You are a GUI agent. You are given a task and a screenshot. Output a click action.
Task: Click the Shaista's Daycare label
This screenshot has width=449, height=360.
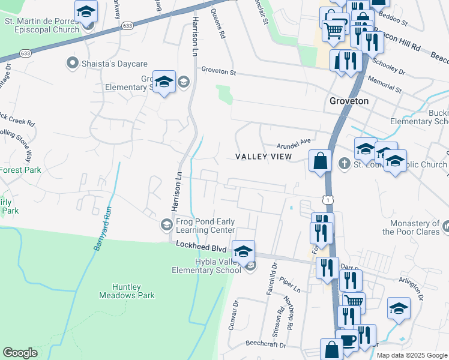tap(106, 62)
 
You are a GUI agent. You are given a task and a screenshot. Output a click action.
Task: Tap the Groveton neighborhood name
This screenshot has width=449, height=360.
tap(349, 101)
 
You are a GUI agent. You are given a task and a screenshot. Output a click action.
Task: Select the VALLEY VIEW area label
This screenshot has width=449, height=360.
tap(263, 157)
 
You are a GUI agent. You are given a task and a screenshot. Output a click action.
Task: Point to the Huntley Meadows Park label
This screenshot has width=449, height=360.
tap(128, 291)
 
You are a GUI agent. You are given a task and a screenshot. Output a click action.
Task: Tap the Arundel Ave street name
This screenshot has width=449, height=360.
tap(294, 143)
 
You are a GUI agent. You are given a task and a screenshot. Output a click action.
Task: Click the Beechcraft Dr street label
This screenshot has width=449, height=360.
tap(268, 344)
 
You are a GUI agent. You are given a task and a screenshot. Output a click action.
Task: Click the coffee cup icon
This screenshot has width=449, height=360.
tap(348, 340)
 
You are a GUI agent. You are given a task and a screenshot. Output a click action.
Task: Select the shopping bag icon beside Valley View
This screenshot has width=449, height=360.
tap(321, 161)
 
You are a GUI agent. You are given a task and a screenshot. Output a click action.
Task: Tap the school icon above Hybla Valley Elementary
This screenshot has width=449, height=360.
tap(243, 251)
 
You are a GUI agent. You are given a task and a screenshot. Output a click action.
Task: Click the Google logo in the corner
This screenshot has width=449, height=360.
tap(20, 353)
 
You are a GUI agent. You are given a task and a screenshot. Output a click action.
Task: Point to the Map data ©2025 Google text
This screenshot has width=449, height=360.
tap(411, 355)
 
